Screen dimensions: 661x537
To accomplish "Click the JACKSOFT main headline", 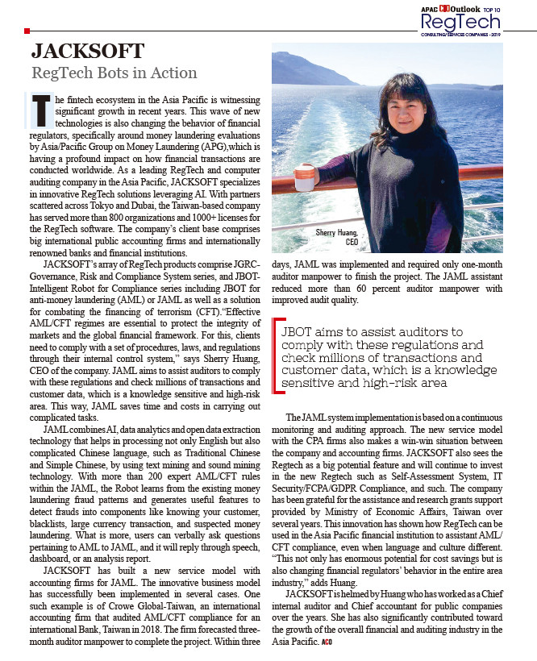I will pyautogui.click(x=87, y=52).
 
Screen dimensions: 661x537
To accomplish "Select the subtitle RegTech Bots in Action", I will pyautogui.click(x=114, y=73).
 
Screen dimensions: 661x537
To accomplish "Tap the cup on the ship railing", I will pyautogui.click(x=305, y=174).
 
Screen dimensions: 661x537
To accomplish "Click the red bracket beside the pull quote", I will pyautogui.click(x=277, y=357).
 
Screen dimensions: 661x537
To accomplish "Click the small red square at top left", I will pyautogui.click(x=27, y=31).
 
